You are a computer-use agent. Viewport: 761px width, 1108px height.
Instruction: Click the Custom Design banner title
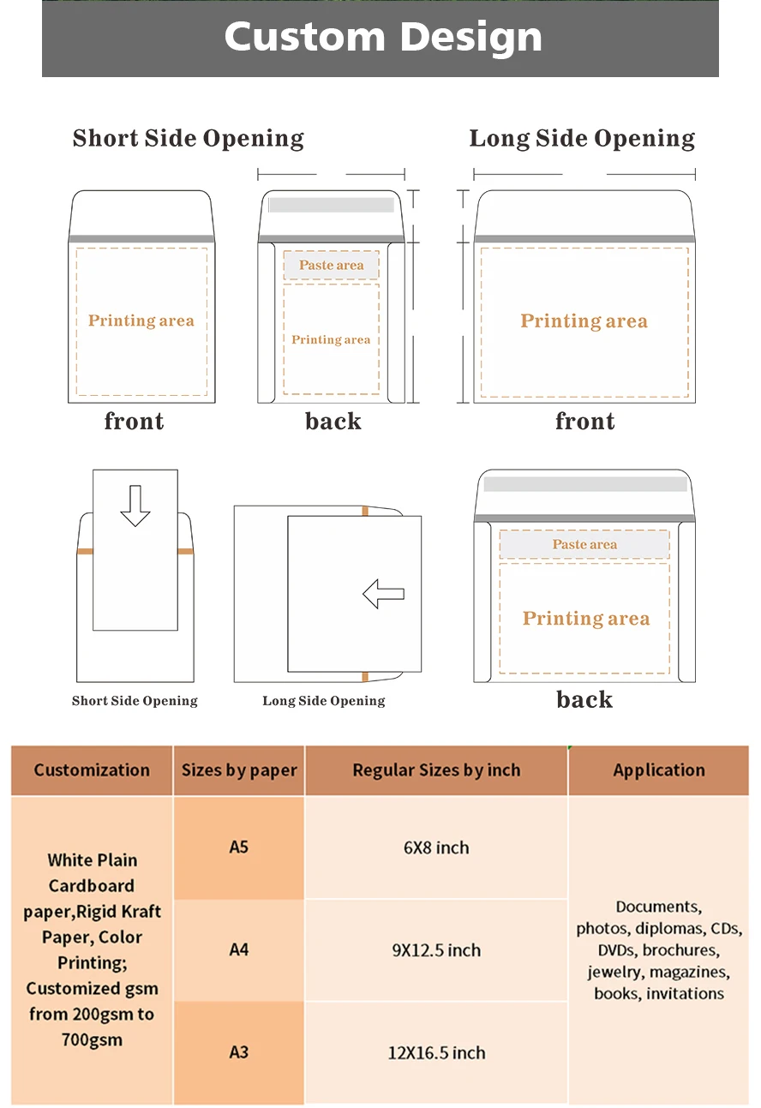[x=382, y=37]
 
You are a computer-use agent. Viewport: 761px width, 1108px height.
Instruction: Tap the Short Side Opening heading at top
[x=188, y=139]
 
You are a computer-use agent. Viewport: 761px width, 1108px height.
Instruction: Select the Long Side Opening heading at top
[x=582, y=139]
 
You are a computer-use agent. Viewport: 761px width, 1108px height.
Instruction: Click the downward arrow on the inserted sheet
[x=135, y=505]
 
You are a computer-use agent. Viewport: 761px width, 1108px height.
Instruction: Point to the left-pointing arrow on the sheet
[x=383, y=593]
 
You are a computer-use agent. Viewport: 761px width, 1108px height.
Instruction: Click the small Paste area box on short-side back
[x=331, y=266]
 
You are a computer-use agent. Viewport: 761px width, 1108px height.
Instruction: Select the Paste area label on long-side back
[x=584, y=544]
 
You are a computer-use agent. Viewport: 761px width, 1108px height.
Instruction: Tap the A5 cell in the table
[x=238, y=847]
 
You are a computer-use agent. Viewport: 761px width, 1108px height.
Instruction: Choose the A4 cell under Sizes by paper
[x=238, y=949]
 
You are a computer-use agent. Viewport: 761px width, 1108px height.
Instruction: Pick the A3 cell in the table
[x=238, y=1052]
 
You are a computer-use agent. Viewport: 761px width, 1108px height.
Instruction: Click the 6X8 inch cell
[x=436, y=847]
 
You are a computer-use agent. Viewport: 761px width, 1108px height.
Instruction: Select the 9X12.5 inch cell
[x=436, y=950]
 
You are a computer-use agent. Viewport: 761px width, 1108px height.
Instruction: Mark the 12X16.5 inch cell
[x=436, y=1052]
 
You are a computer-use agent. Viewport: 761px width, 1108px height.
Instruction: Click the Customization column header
[x=92, y=770]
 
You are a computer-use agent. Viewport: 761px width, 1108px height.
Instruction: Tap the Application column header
[x=658, y=770]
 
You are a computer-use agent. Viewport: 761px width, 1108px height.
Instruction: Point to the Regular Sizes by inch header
[x=436, y=770]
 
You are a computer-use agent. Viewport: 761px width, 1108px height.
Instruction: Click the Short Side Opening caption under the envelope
[x=135, y=701]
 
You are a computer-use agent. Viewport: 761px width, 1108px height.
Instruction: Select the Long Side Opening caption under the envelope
[x=323, y=701]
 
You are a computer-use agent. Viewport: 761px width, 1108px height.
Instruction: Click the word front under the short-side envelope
[x=134, y=421]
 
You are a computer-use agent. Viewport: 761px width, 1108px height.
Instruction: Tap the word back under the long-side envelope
[x=584, y=699]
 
